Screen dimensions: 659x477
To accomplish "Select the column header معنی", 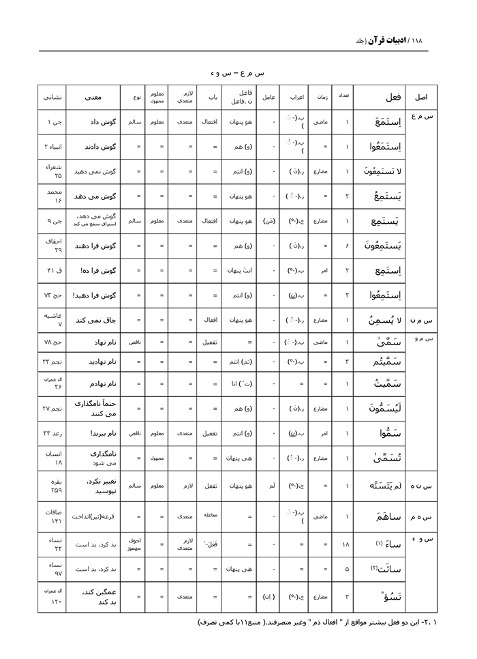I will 93,97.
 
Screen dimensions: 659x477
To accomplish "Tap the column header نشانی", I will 52,97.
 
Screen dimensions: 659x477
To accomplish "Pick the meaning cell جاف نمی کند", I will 93,319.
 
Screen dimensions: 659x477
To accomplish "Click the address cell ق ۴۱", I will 53,270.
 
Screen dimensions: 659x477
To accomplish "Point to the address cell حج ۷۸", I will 53,342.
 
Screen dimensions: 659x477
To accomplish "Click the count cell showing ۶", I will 347,246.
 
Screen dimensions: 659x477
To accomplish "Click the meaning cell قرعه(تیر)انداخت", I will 94,516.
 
